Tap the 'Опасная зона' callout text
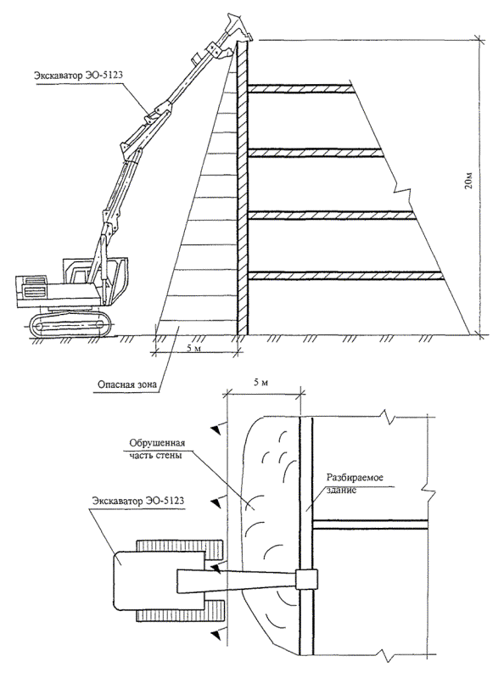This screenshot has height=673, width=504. (x=125, y=384)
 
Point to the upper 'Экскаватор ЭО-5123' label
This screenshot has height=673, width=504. (x=79, y=76)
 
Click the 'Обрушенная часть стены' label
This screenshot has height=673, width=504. (x=157, y=449)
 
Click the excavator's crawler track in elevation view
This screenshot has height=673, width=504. (x=70, y=325)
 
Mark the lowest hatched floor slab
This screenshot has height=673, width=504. (x=346, y=276)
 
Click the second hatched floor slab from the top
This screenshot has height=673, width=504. (x=316, y=153)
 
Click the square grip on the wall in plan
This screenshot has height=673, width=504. (x=306, y=580)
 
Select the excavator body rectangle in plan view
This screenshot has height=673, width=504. (x=159, y=580)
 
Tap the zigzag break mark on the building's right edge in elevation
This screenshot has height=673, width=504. (x=400, y=191)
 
